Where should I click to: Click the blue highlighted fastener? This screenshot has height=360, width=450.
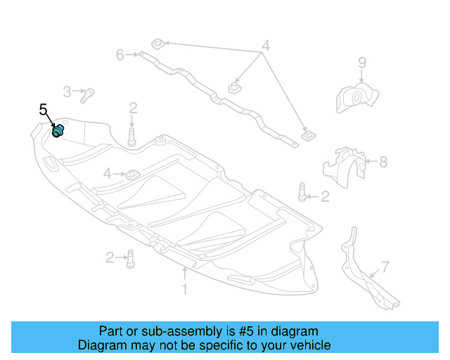[59, 131]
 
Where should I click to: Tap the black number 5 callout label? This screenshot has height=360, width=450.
[43, 110]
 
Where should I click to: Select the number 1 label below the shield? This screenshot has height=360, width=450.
[185, 289]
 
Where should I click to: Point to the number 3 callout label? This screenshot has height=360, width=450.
[67, 91]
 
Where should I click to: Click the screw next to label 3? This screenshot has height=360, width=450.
[87, 94]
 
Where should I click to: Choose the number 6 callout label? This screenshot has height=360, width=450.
[120, 54]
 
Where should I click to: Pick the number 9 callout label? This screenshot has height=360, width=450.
[362, 63]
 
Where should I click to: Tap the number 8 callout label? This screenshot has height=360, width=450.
[383, 162]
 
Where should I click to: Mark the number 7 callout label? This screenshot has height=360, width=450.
[385, 266]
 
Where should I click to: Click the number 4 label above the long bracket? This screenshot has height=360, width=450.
[265, 47]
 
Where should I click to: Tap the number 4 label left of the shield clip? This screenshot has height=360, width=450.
[107, 173]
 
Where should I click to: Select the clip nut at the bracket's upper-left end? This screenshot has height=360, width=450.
[158, 44]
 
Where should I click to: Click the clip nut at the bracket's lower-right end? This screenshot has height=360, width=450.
[307, 134]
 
